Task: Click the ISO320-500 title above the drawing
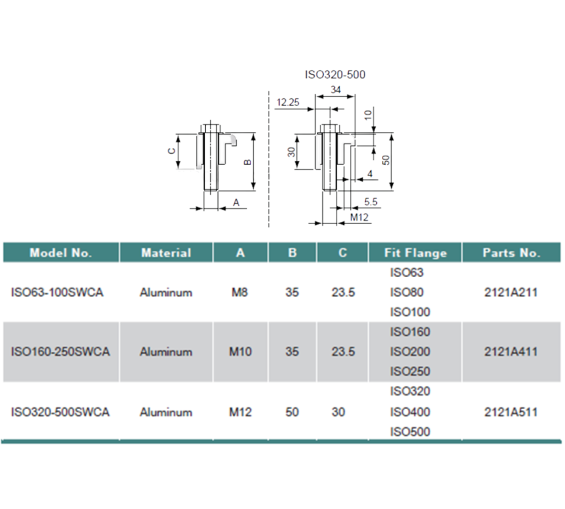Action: point(335,75)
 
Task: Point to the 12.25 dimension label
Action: point(287,102)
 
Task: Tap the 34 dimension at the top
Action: point(335,89)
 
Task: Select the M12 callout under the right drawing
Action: point(359,218)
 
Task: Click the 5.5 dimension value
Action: point(371,202)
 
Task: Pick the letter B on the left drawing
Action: point(248,162)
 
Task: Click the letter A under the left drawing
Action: point(236,203)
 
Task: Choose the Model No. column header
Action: point(61,253)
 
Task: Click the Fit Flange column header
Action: point(415,253)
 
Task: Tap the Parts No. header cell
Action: point(511,253)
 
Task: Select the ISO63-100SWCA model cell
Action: point(57,293)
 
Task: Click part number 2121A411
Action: point(510,352)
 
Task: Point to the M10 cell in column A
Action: point(241,352)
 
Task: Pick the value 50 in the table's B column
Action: point(292,412)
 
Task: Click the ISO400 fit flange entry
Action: point(410,412)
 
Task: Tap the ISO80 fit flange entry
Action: point(407,293)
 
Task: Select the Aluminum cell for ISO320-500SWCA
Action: point(166,412)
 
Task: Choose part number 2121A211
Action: point(510,293)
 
